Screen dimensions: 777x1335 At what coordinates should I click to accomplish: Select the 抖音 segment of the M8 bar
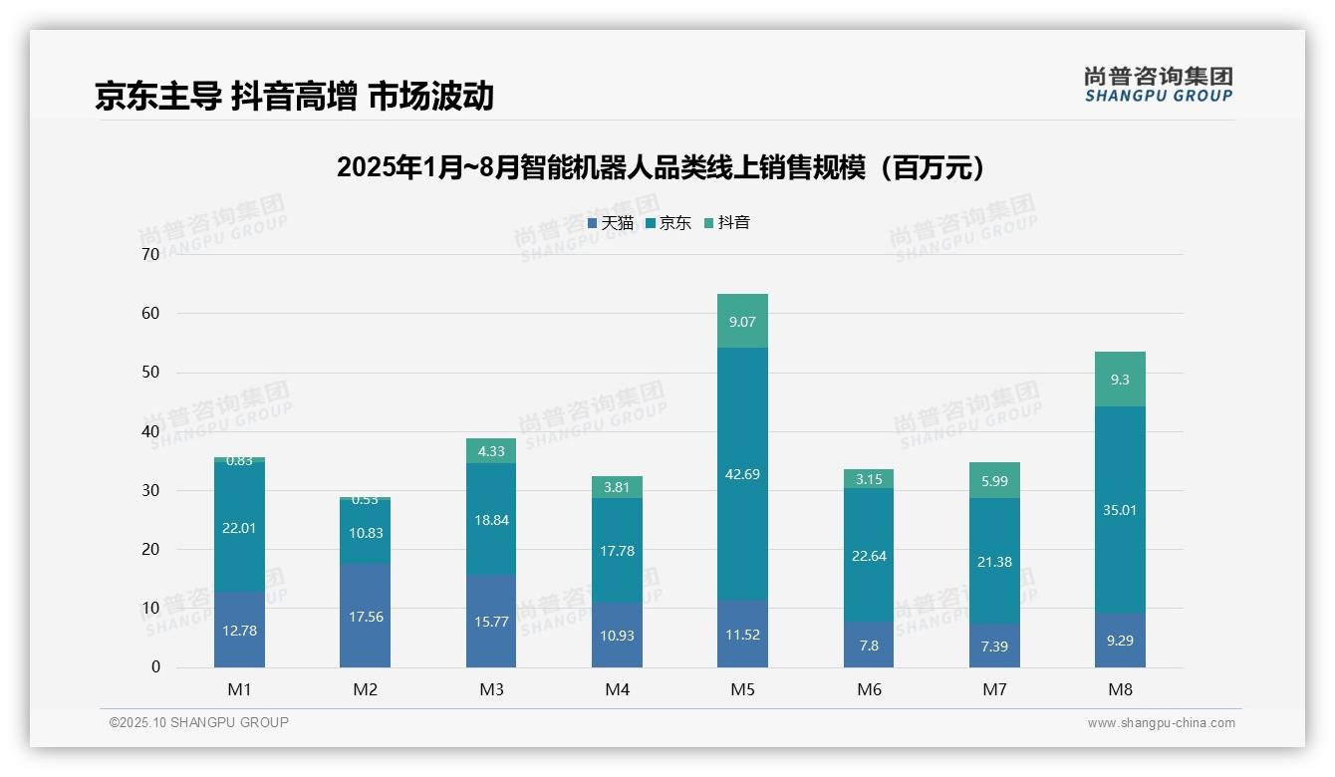coord(1120,380)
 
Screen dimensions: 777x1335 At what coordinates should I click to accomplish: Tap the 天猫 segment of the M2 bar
coord(365,616)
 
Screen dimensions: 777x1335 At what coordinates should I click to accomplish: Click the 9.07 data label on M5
coord(742,322)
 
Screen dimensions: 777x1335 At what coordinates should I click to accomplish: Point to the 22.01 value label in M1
coord(239,528)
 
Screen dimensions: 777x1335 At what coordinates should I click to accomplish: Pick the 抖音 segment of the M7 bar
coord(994,480)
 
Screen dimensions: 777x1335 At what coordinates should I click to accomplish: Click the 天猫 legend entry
coord(610,223)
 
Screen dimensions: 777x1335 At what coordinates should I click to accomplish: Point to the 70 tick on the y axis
coord(150,254)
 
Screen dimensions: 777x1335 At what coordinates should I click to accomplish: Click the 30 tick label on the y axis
coord(150,490)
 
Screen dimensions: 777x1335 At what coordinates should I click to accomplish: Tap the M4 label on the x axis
coord(617,689)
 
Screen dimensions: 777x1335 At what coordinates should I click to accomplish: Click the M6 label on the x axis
coord(869,689)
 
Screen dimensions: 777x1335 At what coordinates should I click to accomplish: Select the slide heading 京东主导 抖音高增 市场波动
coord(294,97)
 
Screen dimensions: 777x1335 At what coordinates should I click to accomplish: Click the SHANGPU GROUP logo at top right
coord(1158,85)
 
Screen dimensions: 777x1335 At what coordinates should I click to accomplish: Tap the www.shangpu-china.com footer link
coord(1161,723)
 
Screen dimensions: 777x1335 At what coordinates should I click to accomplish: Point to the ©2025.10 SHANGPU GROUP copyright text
coord(198,722)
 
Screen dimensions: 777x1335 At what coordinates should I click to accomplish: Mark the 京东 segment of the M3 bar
coord(491,519)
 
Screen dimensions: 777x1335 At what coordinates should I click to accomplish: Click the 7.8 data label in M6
coord(869,646)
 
